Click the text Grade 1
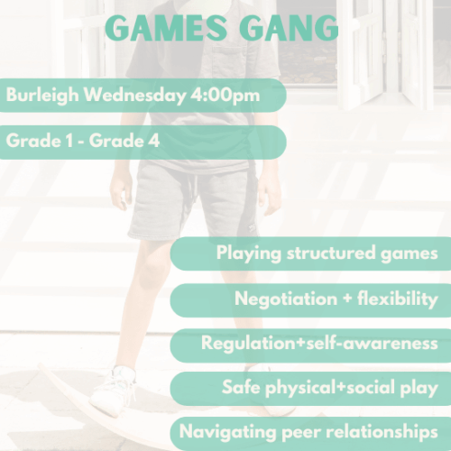coord(35,142)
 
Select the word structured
coord(333,253)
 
